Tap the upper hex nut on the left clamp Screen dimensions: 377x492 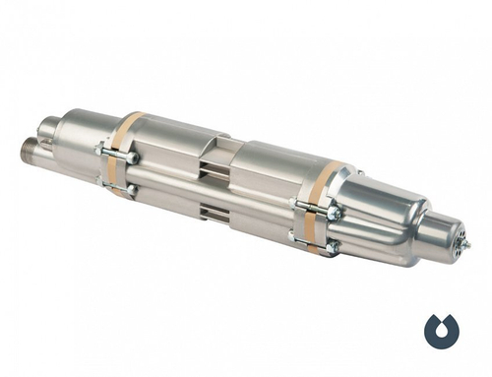pyautogui.click(x=131, y=156)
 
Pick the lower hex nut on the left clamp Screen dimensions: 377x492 pyautogui.click(x=130, y=187)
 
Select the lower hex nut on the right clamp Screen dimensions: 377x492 pyautogui.click(x=332, y=246)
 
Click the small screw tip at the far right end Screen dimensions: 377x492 pyautogui.click(x=465, y=243)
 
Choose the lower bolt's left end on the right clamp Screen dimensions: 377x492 pyautogui.click(x=292, y=236)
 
